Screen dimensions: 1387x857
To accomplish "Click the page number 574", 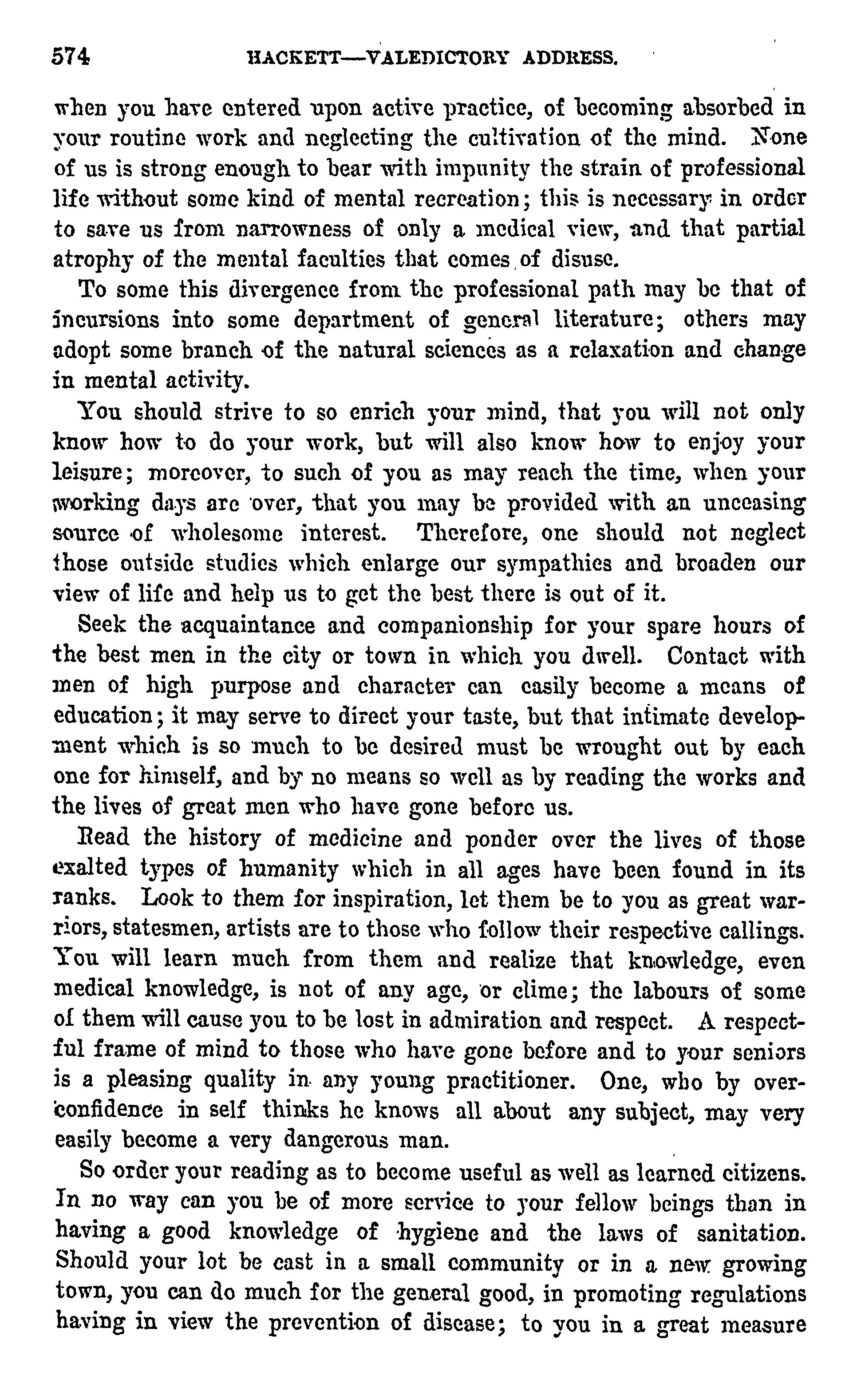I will pos(71,57).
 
